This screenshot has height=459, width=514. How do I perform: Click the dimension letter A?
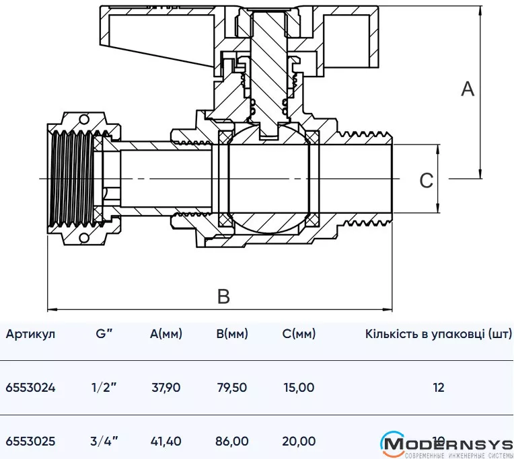(468, 88)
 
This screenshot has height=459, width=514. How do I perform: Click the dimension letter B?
(223, 296)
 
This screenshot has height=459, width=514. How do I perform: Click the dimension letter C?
(427, 180)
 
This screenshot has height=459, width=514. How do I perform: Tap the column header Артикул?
(30, 334)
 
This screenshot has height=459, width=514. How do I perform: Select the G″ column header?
(104, 334)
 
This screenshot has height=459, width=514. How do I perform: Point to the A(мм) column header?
(166, 334)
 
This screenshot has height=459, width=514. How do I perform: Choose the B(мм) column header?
(232, 334)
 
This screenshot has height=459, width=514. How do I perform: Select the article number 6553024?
(30, 388)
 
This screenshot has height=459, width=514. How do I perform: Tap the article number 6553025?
(30, 442)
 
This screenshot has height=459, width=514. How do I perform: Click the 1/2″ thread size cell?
(104, 388)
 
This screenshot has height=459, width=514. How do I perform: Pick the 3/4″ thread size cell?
(104, 442)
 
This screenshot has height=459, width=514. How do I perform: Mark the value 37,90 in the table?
(166, 388)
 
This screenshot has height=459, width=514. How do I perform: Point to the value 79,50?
(232, 388)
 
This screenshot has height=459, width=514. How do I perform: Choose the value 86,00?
(232, 442)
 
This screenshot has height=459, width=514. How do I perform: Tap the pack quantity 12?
(439, 388)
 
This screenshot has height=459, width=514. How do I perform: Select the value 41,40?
(166, 442)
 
